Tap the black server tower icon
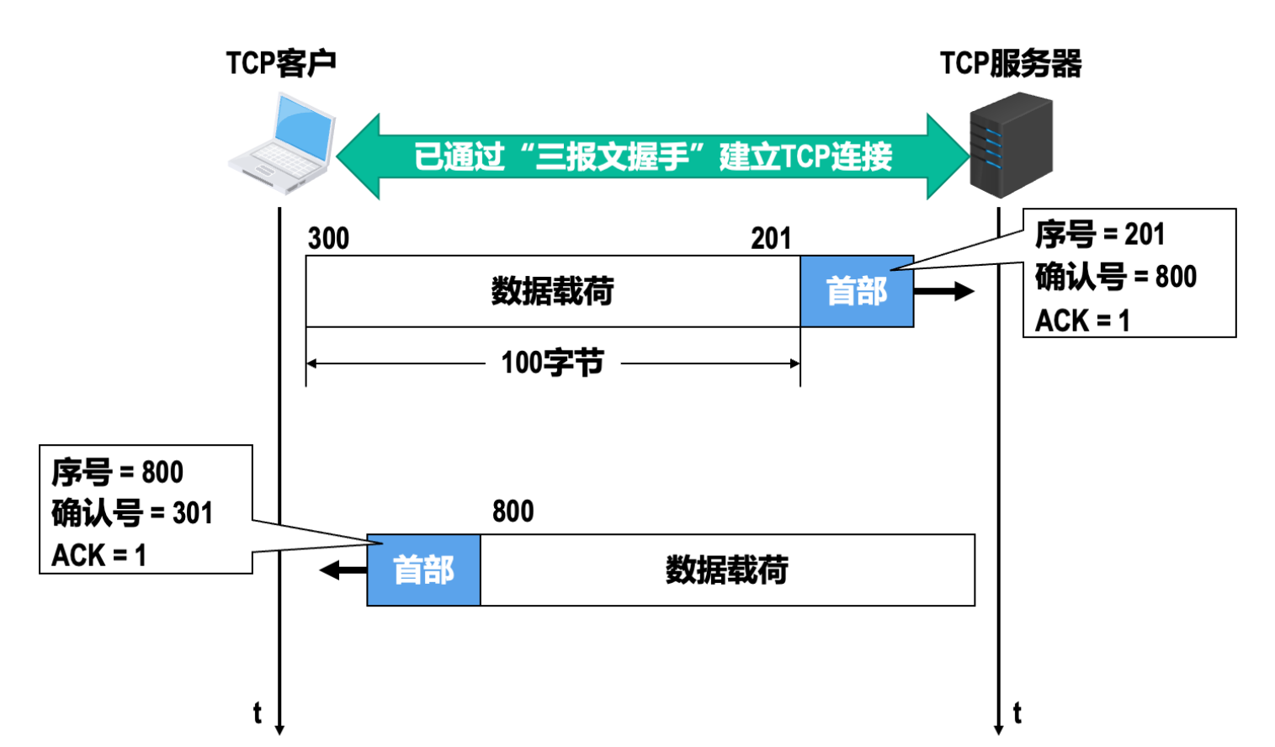(x=1011, y=145)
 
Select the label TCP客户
(x=281, y=63)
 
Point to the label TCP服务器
(x=1011, y=63)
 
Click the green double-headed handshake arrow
(x=652, y=156)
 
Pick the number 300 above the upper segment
(x=328, y=239)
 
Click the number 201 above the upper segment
(x=771, y=239)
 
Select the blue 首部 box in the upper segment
(x=857, y=291)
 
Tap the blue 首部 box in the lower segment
(x=423, y=570)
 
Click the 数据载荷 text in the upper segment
(x=552, y=291)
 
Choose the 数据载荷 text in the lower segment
(x=727, y=570)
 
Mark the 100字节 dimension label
(x=552, y=363)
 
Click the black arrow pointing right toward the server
(x=943, y=291)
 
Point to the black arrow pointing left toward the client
(x=343, y=570)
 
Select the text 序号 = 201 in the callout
(x=1099, y=235)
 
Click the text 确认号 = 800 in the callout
(x=1115, y=277)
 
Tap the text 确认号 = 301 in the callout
(x=132, y=513)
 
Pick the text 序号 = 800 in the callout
(x=117, y=472)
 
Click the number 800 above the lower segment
(x=513, y=511)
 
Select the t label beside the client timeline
(x=258, y=713)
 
